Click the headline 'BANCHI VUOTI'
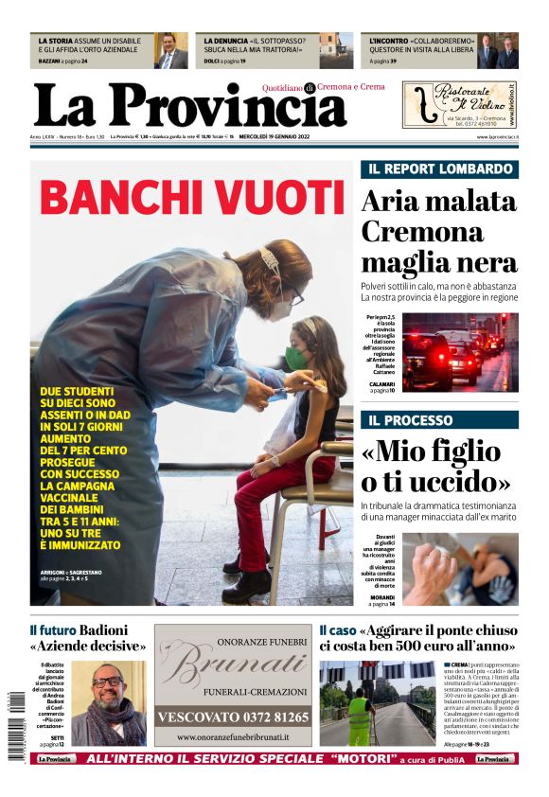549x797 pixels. [191, 198]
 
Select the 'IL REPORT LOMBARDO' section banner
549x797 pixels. [439, 169]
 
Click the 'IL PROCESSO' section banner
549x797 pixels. [439, 419]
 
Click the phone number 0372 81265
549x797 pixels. [232, 717]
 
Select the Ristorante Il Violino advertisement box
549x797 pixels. [460, 104]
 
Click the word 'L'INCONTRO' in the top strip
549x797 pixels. [390, 42]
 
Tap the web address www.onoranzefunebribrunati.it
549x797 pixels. [233, 735]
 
